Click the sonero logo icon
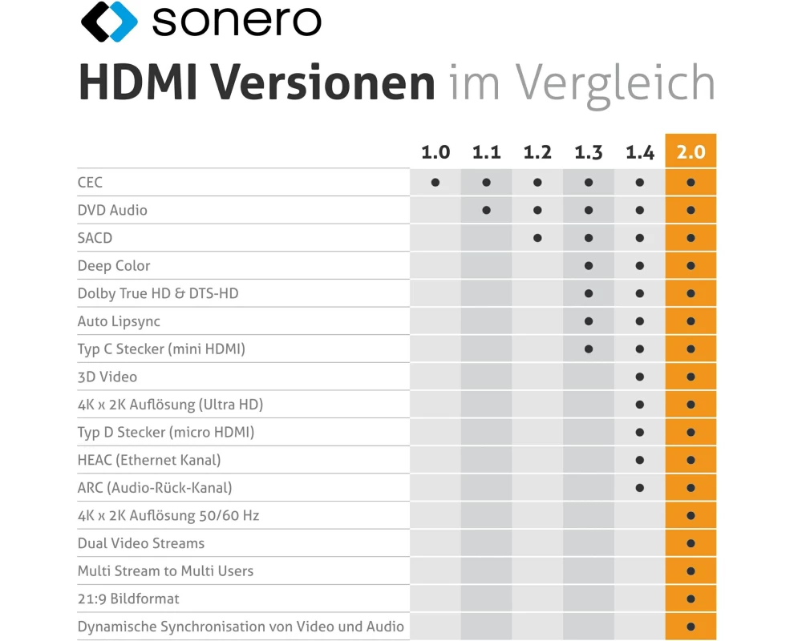tap(110, 22)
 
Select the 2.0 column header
tap(691, 152)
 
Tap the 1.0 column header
tap(435, 152)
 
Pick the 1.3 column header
tap(589, 152)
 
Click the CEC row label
tap(90, 183)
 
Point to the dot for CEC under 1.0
tap(435, 183)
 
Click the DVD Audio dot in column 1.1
tap(486, 211)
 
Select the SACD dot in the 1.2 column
tap(537, 238)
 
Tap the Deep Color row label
tap(114, 266)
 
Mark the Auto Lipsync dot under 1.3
tap(589, 321)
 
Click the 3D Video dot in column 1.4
tap(639, 377)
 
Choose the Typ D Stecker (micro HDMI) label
tap(166, 433)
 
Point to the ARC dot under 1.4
tap(639, 487)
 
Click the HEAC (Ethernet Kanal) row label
tap(149, 460)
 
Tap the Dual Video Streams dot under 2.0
tap(691, 543)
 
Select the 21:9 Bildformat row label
tap(128, 599)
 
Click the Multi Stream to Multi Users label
tap(165, 571)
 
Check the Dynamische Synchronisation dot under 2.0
tap(691, 627)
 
